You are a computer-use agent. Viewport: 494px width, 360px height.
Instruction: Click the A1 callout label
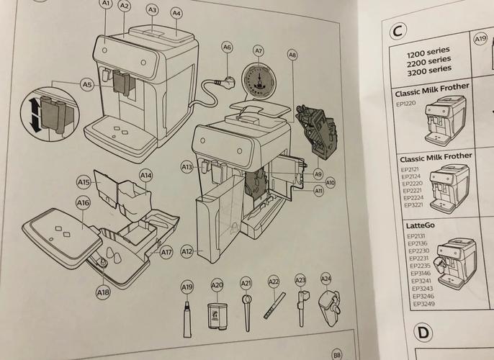point(106,4)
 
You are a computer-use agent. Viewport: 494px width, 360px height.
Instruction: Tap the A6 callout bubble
point(227,47)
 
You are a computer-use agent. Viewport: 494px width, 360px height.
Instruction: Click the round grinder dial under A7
point(258,79)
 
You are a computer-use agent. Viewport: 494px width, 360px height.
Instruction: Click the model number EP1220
point(408,103)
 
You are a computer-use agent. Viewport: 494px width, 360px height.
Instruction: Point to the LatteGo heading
point(410,225)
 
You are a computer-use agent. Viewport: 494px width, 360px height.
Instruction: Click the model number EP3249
point(423,305)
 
